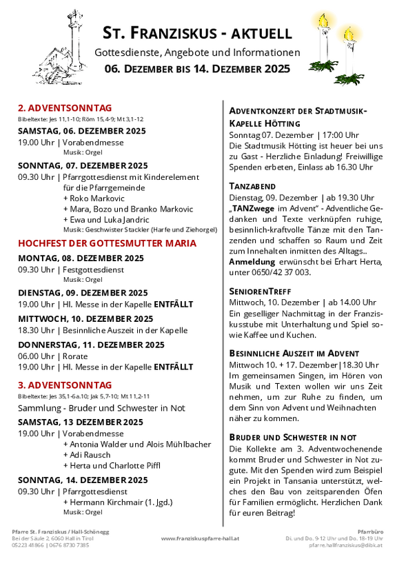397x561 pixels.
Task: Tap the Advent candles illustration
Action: click(x=340, y=44)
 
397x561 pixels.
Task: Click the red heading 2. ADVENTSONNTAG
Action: click(x=65, y=108)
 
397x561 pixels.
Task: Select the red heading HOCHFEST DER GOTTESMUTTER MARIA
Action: click(x=107, y=243)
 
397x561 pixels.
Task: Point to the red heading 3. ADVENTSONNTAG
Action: click(x=65, y=385)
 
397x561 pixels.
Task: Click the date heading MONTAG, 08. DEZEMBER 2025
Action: click(x=81, y=258)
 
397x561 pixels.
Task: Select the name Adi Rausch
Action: click(x=87, y=455)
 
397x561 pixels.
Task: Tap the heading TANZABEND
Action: click(x=252, y=186)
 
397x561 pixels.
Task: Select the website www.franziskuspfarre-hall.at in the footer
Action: click(x=199, y=538)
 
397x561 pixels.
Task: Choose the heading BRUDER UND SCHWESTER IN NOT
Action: click(x=292, y=437)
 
